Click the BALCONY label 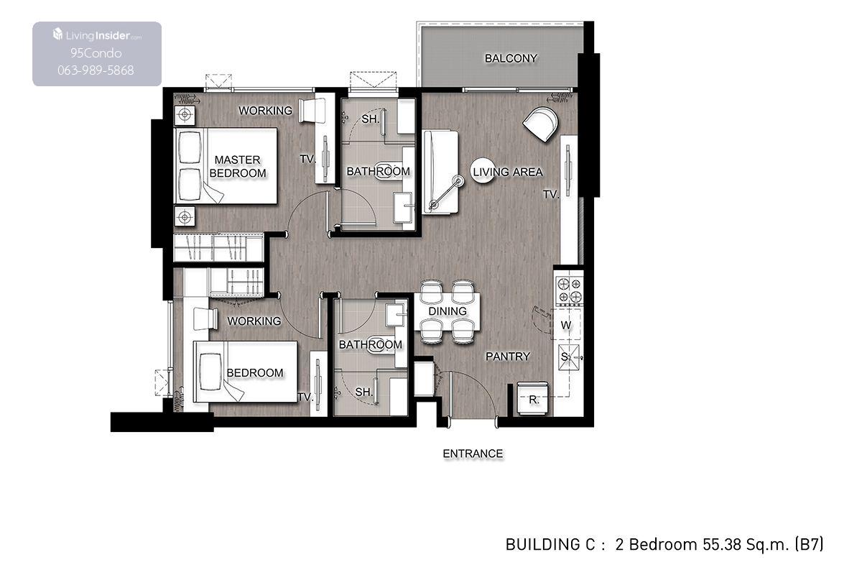click(511, 58)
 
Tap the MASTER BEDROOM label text click(238, 166)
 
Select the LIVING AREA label click(508, 172)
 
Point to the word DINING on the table click(447, 310)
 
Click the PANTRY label click(508, 356)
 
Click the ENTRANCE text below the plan click(473, 454)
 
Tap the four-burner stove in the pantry click(569, 290)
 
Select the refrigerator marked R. click(532, 399)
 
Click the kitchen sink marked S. click(569, 357)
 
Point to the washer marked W click(566, 324)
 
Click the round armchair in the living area click(541, 123)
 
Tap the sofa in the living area click(440, 172)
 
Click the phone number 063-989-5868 click(96, 70)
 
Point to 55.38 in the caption click(721, 544)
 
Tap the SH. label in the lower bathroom click(363, 392)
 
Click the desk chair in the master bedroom click(312, 111)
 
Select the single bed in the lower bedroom click(246, 372)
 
